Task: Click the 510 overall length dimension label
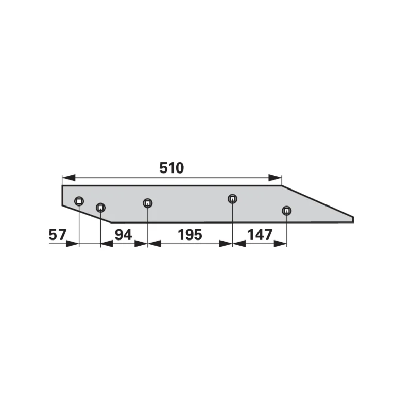pos(171,168)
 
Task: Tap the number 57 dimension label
pos(57,235)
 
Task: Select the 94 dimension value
pos(123,235)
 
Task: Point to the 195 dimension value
pos(190,235)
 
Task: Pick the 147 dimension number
pos(260,235)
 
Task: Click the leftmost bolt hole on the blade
pos(79,201)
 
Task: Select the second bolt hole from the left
pos(100,208)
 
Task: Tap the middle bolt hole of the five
pos(148,203)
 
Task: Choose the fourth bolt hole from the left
pos(232,199)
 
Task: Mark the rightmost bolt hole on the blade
pos(286,211)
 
